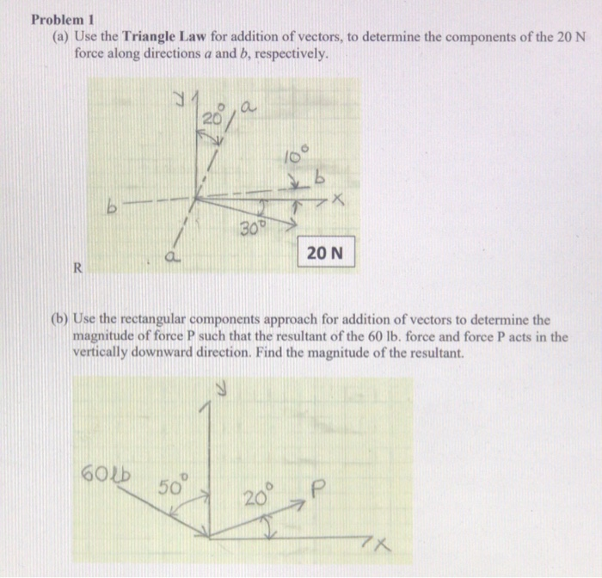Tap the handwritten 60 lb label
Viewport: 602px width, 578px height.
[x=100, y=471]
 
